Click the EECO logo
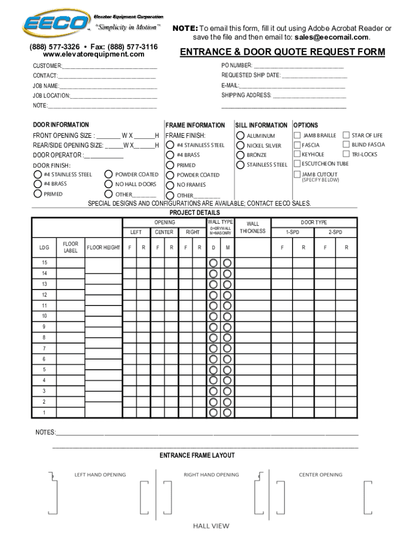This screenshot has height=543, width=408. click(x=56, y=24)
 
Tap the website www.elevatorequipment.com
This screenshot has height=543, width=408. click(x=93, y=55)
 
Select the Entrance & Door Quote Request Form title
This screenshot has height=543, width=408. click(x=282, y=52)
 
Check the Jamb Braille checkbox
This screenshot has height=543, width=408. click(x=297, y=136)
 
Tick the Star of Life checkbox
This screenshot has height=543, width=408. click(x=347, y=136)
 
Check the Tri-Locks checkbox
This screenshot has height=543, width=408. click(x=347, y=154)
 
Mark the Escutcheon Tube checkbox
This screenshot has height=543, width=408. click(x=297, y=164)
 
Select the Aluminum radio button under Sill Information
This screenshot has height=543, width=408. click(x=240, y=136)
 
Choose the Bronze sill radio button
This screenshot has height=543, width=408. click(x=240, y=155)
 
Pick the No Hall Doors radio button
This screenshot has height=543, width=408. click(x=109, y=184)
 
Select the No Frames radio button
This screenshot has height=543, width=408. click(x=170, y=185)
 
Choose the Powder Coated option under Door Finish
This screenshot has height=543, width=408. click(x=109, y=174)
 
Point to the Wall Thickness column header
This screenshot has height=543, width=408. click(x=253, y=227)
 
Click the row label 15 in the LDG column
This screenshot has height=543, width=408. click(x=45, y=263)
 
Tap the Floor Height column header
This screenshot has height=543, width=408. click(x=103, y=248)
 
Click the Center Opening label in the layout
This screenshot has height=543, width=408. click(x=321, y=475)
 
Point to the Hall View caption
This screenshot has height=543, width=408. click(x=211, y=526)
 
